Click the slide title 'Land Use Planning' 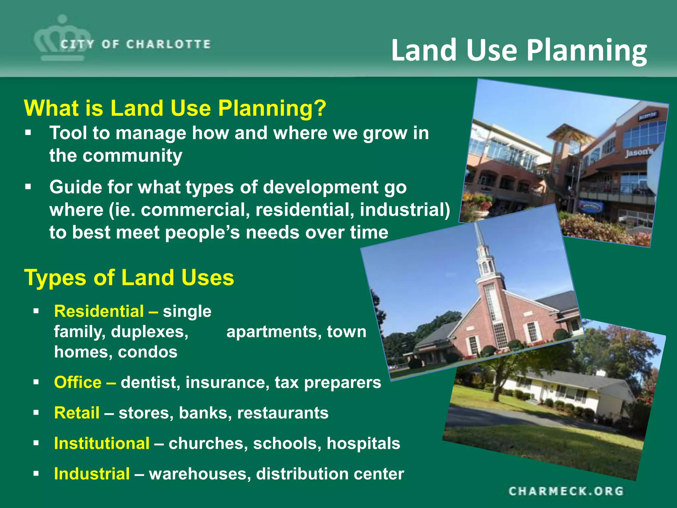pyautogui.click(x=519, y=50)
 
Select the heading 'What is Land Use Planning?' pyautogui.click(x=175, y=108)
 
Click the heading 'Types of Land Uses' pyautogui.click(x=129, y=277)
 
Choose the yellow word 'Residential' pyautogui.click(x=99, y=311)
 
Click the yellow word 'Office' pyautogui.click(x=78, y=382)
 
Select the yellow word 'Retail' pyautogui.click(x=77, y=413)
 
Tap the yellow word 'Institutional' pyautogui.click(x=102, y=443)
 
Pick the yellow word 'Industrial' pyautogui.click(x=92, y=474)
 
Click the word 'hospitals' pyautogui.click(x=363, y=443)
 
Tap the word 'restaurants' pyautogui.click(x=283, y=413)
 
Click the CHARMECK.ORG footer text pyautogui.click(x=566, y=491)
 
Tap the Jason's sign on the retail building pyautogui.click(x=639, y=152)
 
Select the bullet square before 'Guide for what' pyautogui.click(x=28, y=187)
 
